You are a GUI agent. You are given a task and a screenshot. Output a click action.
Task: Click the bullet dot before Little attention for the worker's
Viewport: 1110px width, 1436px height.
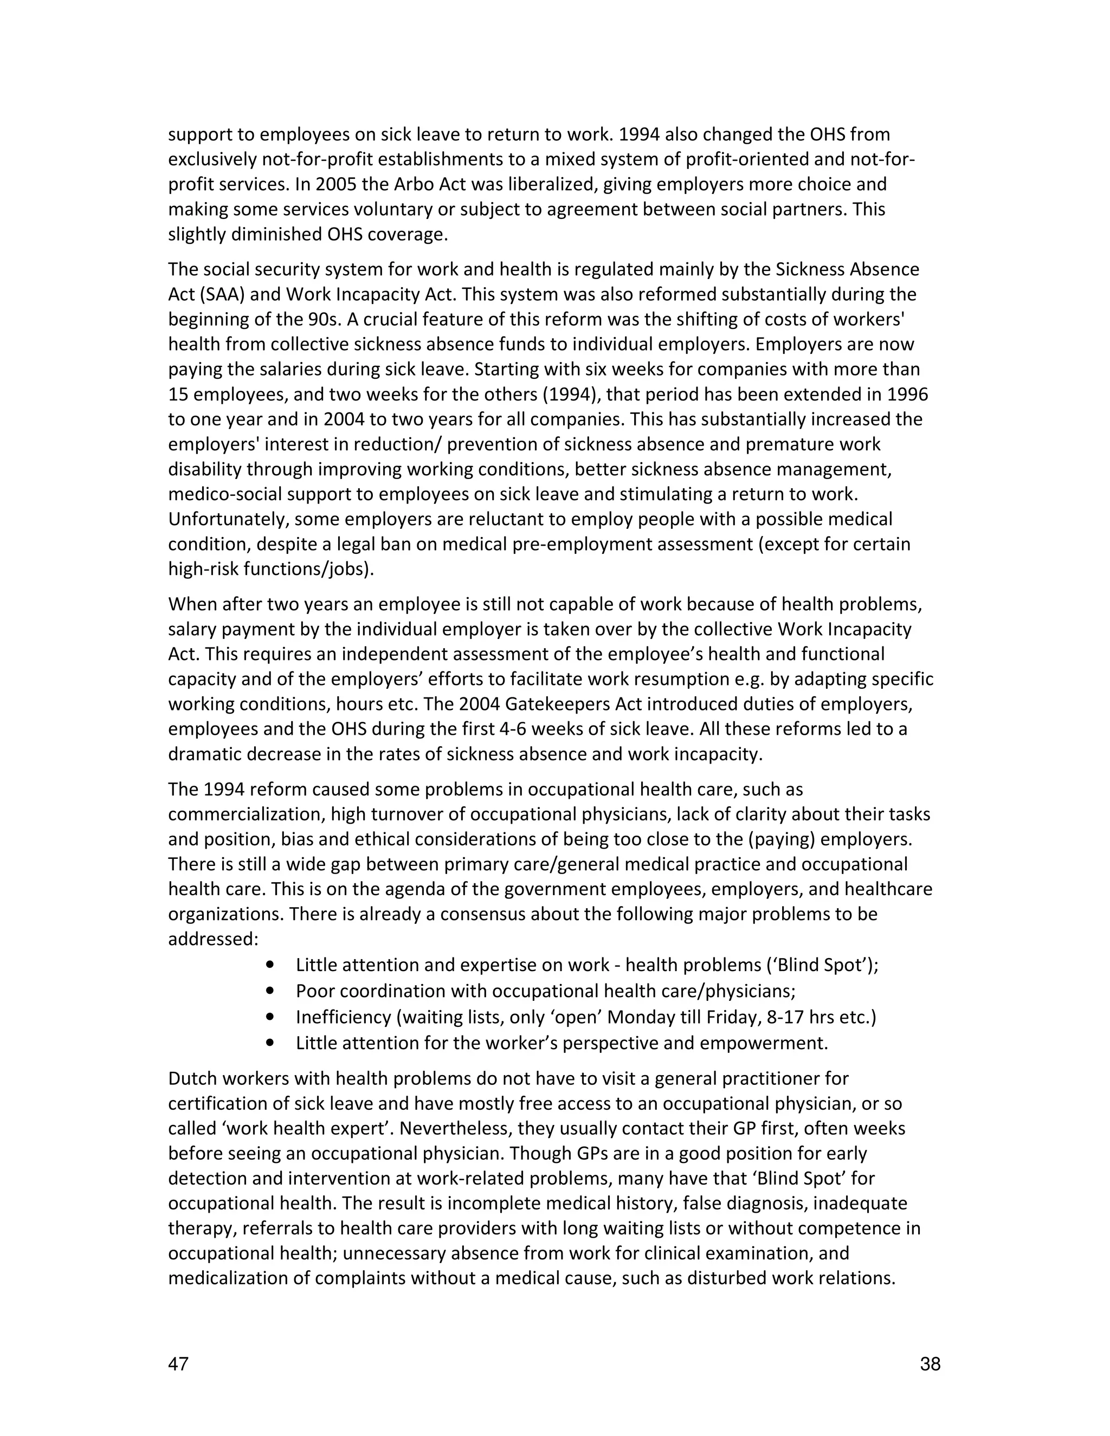269,1042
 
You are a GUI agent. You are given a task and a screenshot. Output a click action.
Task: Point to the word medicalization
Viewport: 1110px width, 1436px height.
228,1278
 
